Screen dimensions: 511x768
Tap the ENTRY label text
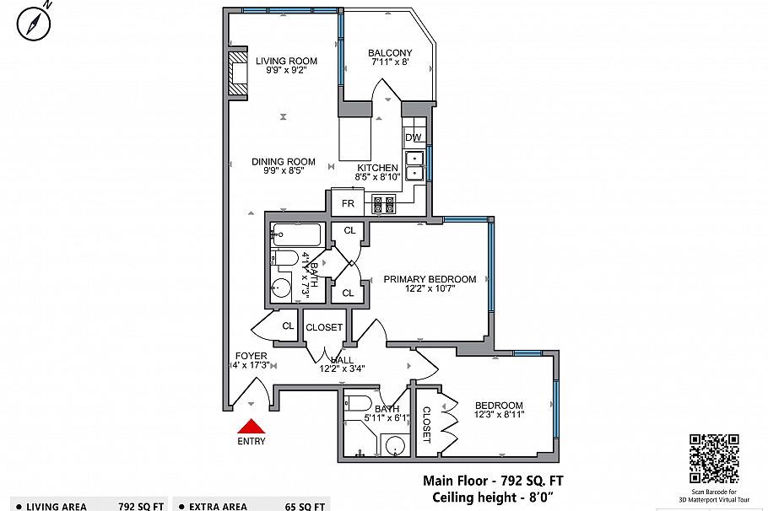point(251,441)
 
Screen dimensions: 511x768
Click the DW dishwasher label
point(413,137)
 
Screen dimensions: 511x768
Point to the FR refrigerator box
point(347,203)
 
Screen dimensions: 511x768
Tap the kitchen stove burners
point(384,203)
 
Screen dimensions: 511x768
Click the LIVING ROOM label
point(286,61)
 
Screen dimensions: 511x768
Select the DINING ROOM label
point(284,162)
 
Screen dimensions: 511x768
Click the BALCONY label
point(390,53)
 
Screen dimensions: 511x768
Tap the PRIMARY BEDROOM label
point(430,279)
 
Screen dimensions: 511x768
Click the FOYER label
point(251,356)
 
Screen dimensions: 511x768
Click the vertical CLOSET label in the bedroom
point(426,424)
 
